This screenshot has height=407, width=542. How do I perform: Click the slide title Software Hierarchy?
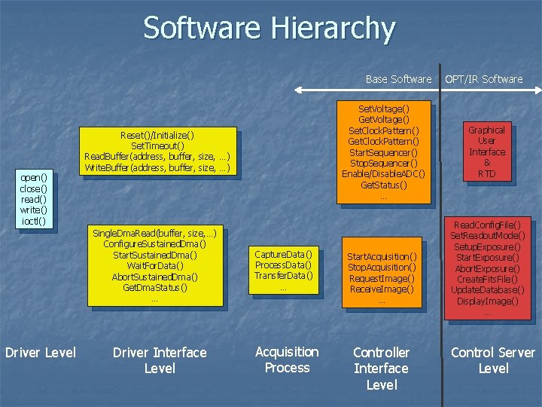click(x=269, y=29)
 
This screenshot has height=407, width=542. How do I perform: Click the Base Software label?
click(x=398, y=79)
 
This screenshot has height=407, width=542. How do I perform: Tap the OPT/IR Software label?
click(x=483, y=79)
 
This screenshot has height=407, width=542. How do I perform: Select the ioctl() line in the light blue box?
click(x=34, y=222)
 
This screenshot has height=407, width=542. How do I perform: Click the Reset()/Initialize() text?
click(x=157, y=135)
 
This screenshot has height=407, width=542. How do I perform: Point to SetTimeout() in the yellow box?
click(x=157, y=145)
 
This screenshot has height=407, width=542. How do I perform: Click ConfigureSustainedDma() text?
click(x=155, y=244)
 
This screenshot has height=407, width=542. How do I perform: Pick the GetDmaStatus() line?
click(x=155, y=287)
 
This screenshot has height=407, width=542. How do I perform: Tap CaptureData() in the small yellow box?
click(x=283, y=254)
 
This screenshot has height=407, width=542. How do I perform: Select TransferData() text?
click(x=283, y=275)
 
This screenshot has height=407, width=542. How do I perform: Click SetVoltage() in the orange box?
click(x=383, y=109)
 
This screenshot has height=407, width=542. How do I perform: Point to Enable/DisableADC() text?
click(x=383, y=174)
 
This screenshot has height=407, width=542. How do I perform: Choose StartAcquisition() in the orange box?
click(x=381, y=257)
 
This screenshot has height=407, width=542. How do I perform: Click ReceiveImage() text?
click(x=381, y=289)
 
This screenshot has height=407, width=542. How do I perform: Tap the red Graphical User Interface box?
click(x=486, y=151)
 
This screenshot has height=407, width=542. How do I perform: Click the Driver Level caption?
click(x=41, y=352)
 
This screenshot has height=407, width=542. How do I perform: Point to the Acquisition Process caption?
click(x=287, y=360)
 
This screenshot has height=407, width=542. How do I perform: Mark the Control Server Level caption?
click(x=492, y=360)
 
